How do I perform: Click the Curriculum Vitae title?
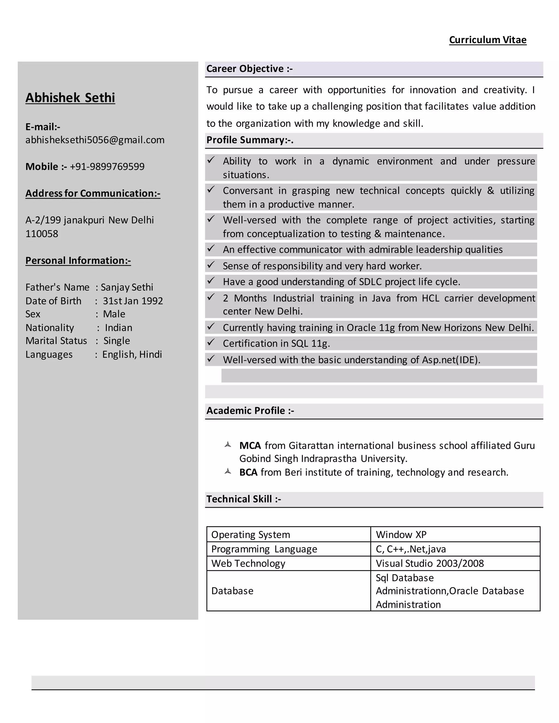pyautogui.click(x=487, y=40)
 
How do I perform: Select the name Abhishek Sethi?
pyautogui.click(x=70, y=98)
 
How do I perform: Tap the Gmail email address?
pyautogui.click(x=95, y=140)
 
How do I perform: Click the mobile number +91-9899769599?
pyautogui.click(x=107, y=166)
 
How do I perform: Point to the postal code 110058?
pyautogui.click(x=42, y=234)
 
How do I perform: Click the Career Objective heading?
pyautogui.click(x=249, y=68)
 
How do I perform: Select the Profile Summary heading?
pyautogui.click(x=250, y=140)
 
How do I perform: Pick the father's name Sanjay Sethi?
pyautogui.click(x=127, y=287)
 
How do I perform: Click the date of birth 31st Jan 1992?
pyautogui.click(x=133, y=301)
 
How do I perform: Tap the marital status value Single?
pyautogui.click(x=117, y=341)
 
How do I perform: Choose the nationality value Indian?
pyautogui.click(x=118, y=327)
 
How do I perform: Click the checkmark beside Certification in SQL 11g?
pyautogui.click(x=211, y=342)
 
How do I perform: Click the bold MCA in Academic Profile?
pyautogui.click(x=250, y=446)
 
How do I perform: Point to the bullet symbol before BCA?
pyautogui.click(x=228, y=471)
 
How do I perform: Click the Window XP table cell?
pyautogui.click(x=401, y=535)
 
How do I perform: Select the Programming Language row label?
pyautogui.click(x=264, y=549)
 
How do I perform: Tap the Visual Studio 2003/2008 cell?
pyautogui.click(x=430, y=563)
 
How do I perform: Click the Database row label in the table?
pyautogui.click(x=232, y=591)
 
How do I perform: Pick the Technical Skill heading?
pyautogui.click(x=243, y=499)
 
